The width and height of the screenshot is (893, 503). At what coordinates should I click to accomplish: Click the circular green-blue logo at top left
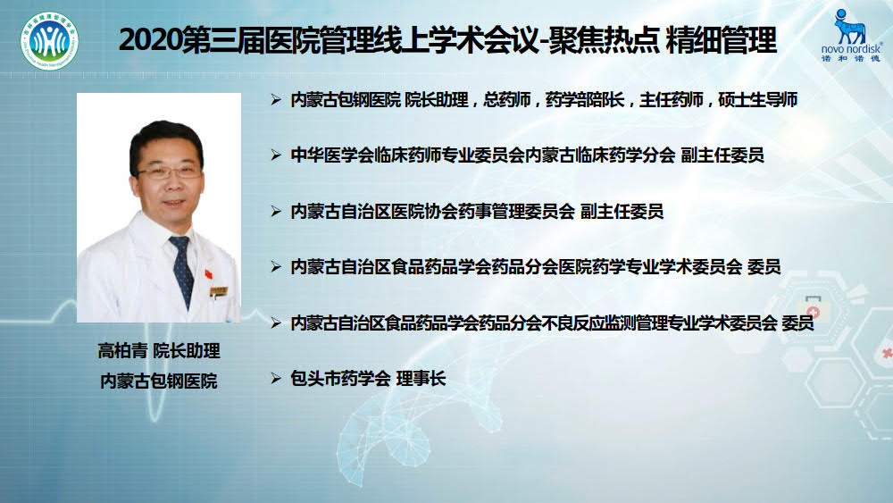point(49,41)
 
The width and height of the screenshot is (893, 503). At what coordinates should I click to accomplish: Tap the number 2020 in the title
point(150,40)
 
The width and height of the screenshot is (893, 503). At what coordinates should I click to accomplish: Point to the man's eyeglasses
point(169,171)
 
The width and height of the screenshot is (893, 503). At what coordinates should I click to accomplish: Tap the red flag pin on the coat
point(208,274)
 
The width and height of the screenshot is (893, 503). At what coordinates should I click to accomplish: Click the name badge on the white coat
point(219,291)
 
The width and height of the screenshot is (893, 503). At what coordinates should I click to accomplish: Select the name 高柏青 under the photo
point(122,350)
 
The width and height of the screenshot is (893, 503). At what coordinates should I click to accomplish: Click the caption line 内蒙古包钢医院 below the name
point(159,381)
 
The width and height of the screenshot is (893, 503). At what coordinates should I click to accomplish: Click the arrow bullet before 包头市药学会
point(276,378)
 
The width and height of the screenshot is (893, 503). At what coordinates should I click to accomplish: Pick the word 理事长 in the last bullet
point(421,378)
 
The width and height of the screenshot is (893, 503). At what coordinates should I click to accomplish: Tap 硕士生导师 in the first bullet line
point(757,100)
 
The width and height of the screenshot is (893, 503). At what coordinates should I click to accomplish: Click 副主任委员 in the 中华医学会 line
point(722,155)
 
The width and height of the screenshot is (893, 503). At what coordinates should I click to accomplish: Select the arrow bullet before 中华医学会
point(276,155)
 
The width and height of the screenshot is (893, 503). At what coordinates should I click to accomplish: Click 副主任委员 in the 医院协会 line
point(622,212)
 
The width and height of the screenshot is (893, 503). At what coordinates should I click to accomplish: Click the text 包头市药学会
point(340,378)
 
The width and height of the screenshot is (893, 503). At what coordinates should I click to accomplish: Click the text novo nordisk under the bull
point(851,49)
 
